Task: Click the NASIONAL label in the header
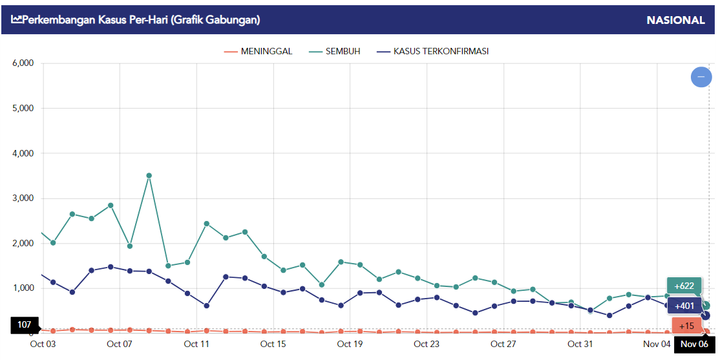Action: (675, 20)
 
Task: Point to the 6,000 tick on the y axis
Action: (23, 63)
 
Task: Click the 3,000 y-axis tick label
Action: (23, 198)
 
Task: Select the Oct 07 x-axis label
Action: (119, 344)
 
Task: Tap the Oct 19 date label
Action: (350, 344)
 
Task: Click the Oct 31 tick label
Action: (580, 344)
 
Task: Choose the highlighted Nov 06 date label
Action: (694, 344)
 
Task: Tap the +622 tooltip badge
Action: (684, 286)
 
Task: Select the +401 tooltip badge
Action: (684, 306)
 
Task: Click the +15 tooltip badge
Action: (686, 326)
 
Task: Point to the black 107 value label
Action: (24, 324)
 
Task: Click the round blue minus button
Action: (701, 77)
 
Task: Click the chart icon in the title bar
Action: (16, 20)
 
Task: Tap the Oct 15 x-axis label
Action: (273, 344)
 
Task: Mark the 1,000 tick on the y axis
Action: (23, 288)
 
